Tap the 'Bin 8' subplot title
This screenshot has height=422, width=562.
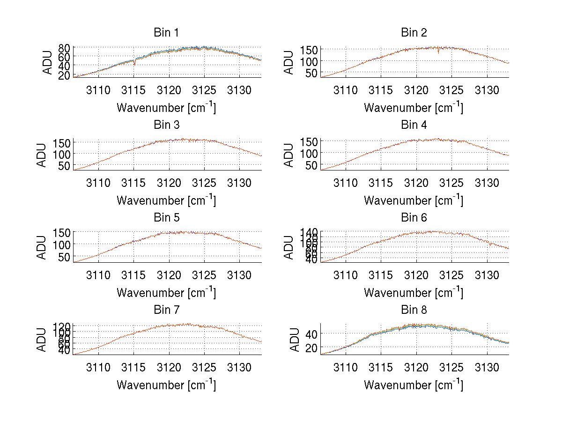(x=414, y=310)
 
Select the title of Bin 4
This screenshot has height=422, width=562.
(x=414, y=125)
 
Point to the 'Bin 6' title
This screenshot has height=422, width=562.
(x=414, y=218)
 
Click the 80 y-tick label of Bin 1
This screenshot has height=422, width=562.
(x=65, y=48)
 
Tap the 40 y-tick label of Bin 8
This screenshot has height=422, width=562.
(x=312, y=333)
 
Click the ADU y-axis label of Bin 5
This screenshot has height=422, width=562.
(x=42, y=247)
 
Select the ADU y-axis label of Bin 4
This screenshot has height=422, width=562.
(x=289, y=155)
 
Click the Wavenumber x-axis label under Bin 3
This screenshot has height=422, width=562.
(x=166, y=200)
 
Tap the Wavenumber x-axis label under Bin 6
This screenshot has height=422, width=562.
(x=414, y=293)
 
